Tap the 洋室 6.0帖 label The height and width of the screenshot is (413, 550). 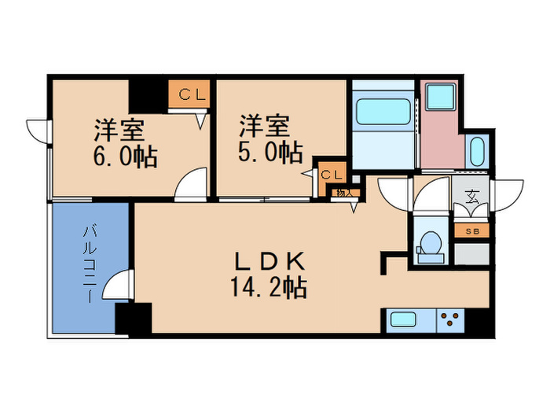coord(126,142)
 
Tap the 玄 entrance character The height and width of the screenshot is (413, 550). coord(471,197)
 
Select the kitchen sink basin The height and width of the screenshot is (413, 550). coord(404,320)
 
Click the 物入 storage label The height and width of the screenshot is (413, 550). coord(343,191)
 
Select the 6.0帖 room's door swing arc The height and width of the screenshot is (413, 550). coord(191,186)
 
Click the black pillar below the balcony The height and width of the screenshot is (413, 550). coord(132,318)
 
